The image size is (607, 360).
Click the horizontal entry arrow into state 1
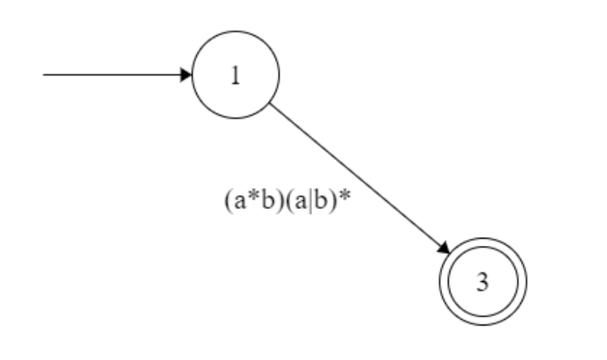pyautogui.click(x=113, y=75)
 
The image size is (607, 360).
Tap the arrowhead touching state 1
pyautogui.click(x=187, y=75)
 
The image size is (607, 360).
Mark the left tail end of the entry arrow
pyautogui.click(x=43, y=75)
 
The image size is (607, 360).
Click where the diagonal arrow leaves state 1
pyautogui.click(x=270, y=102)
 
